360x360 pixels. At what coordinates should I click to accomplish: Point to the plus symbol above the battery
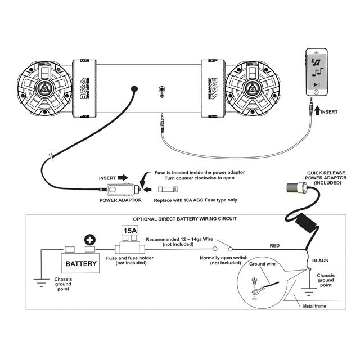click(89, 239)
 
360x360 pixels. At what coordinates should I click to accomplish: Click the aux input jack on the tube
click(162, 90)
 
